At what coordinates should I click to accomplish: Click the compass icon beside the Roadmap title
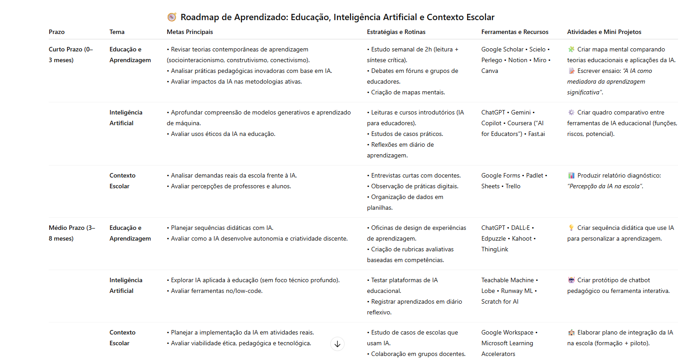[x=172, y=17]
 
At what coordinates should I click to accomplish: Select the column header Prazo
[x=57, y=32]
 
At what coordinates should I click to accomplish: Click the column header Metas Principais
[x=190, y=32]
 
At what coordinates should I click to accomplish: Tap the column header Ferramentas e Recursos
[x=514, y=32]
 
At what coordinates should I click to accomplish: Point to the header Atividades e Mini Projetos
[x=604, y=32]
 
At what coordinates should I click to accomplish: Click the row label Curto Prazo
[x=65, y=50]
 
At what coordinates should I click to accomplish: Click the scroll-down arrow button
[x=337, y=344]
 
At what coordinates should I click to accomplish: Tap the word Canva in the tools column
[x=489, y=71]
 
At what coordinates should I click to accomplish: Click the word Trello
[x=513, y=186]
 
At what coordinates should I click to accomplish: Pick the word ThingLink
[x=494, y=250]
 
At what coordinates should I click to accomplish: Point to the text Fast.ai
[x=536, y=134]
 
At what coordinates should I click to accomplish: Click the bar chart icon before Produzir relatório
[x=571, y=176]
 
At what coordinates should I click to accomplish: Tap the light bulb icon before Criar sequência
[x=571, y=228]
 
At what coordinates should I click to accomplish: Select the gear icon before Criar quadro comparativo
[x=571, y=113]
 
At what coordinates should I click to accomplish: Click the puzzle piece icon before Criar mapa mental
[x=571, y=50]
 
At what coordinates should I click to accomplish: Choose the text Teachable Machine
[x=507, y=280]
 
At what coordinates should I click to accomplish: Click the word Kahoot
[x=522, y=239]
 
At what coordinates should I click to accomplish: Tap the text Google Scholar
[x=502, y=50]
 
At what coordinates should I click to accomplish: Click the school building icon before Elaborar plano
[x=571, y=333]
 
